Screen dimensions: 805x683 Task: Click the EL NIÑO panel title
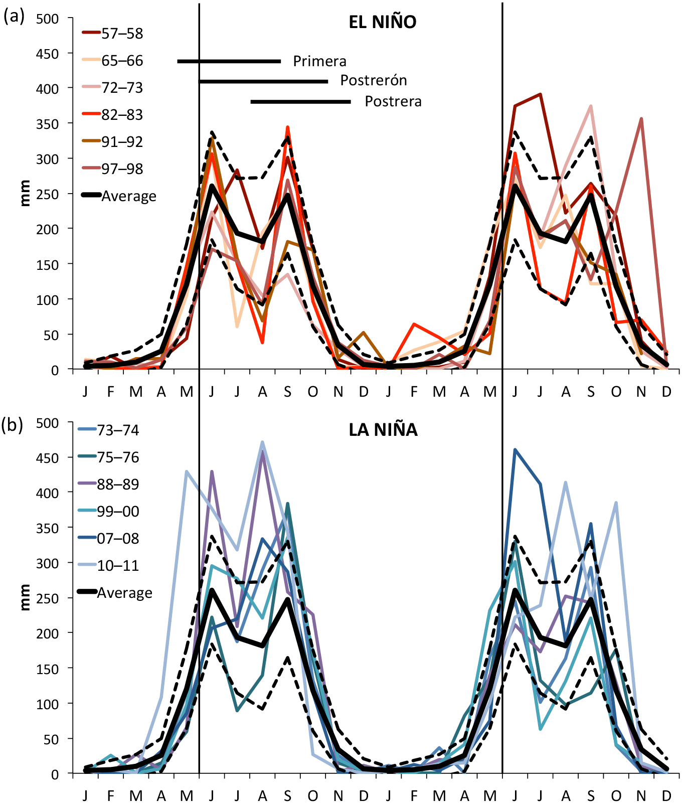tap(382, 23)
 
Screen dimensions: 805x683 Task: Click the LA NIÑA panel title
tap(383, 430)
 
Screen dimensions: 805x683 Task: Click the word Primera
tap(319, 61)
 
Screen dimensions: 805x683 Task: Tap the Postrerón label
tap(374, 80)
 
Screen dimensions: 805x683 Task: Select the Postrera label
tap(393, 101)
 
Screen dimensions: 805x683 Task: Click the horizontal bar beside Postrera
tap(300, 102)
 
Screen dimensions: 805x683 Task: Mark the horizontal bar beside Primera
tap(229, 61)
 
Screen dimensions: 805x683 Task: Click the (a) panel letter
tap(13, 17)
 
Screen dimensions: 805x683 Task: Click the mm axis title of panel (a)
tap(25, 194)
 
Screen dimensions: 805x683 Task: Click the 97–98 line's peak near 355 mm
tap(641, 119)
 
